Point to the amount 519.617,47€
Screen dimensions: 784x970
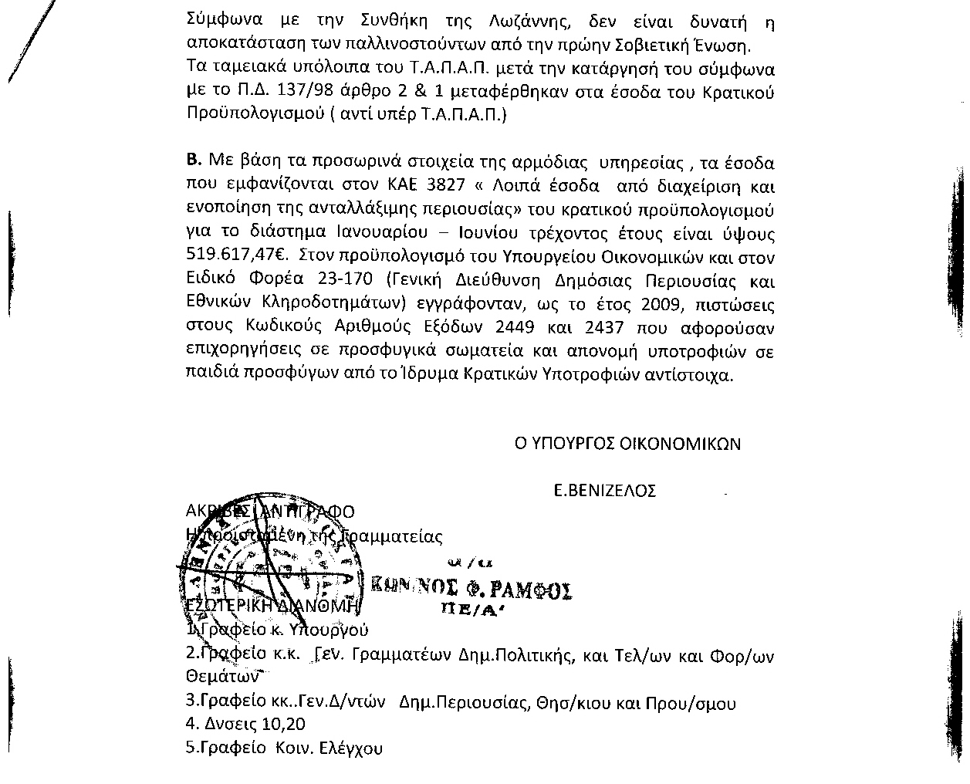click(228, 257)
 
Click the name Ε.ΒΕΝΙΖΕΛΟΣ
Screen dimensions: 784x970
click(605, 491)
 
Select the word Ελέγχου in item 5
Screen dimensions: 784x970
click(351, 748)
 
